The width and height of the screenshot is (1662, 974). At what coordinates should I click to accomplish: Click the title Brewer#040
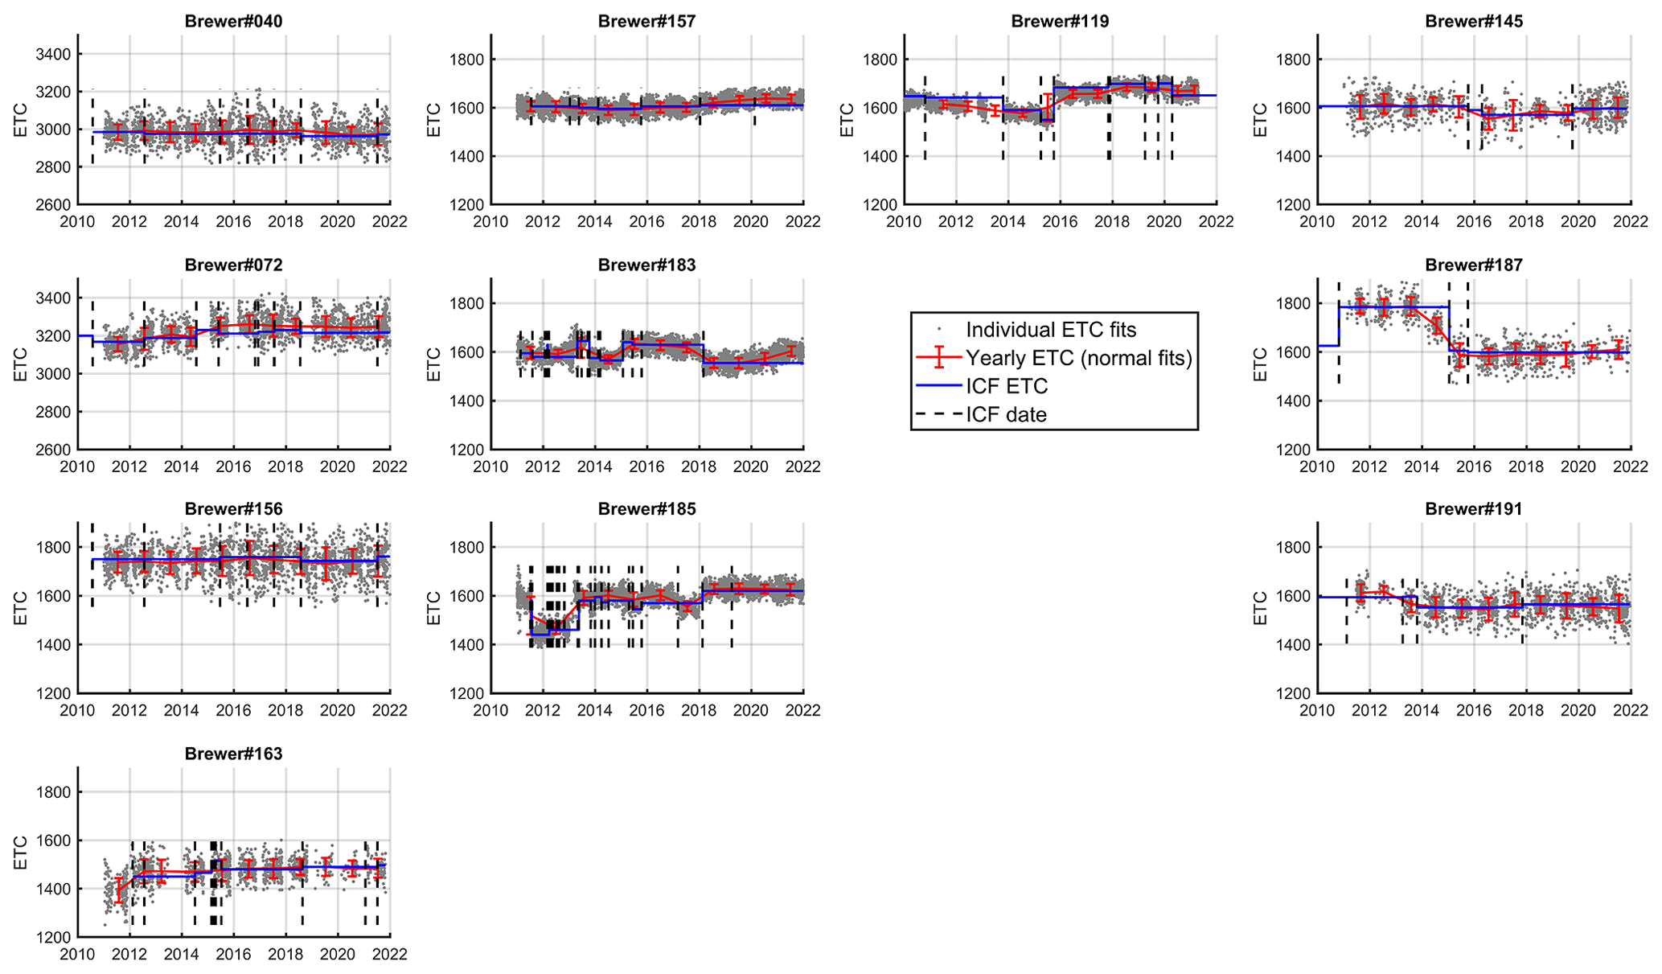[x=233, y=21]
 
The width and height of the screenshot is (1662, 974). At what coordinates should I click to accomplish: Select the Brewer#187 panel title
[x=1473, y=265]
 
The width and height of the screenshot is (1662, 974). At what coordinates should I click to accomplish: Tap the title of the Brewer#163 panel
[x=233, y=754]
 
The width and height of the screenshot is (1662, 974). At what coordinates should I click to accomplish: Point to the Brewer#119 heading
[x=1060, y=21]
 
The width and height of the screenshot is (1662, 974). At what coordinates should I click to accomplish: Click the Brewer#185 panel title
[x=646, y=509]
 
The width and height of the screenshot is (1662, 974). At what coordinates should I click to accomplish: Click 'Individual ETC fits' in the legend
[x=1051, y=330]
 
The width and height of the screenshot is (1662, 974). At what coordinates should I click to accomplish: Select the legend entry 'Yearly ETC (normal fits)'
[x=1078, y=358]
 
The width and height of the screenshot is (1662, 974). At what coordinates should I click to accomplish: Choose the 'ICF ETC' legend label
[x=1007, y=386]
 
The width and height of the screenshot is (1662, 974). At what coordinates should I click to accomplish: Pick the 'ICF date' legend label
[x=1006, y=415]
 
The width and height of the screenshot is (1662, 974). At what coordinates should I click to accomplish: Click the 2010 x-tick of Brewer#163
[x=78, y=955]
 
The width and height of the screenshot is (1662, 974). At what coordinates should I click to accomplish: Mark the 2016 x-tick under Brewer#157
[x=646, y=221]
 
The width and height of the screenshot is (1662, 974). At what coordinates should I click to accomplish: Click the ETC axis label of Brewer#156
[x=21, y=608]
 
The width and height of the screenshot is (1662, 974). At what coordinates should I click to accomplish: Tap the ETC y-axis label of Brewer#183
[x=434, y=364]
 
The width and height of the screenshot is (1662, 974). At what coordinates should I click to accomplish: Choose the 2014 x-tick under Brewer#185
[x=595, y=710]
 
